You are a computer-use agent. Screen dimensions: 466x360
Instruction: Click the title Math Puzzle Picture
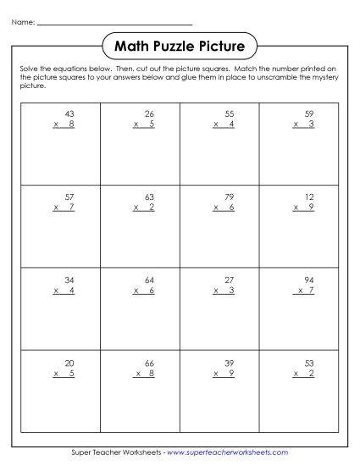pyautogui.click(x=180, y=45)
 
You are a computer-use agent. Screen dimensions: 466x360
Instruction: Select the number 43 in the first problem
pyautogui.click(x=69, y=113)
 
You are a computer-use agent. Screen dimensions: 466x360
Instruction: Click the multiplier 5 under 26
pyautogui.click(x=151, y=125)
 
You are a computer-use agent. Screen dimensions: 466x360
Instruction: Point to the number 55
pyautogui.click(x=230, y=113)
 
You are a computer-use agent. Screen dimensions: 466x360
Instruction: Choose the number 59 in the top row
pyautogui.click(x=308, y=113)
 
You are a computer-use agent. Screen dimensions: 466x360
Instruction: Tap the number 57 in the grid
pyautogui.click(x=69, y=195)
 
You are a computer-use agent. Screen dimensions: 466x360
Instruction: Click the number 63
pyautogui.click(x=149, y=195)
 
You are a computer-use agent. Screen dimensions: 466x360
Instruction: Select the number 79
pyautogui.click(x=230, y=195)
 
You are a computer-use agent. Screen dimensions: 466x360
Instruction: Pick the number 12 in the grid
pyautogui.click(x=308, y=195)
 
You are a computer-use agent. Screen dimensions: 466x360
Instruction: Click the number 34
pyautogui.click(x=69, y=278)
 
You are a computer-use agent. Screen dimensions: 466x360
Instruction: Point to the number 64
pyautogui.click(x=149, y=278)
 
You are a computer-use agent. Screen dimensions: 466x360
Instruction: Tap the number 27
pyautogui.click(x=230, y=278)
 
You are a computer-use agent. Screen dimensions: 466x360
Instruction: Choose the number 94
pyautogui.click(x=308, y=278)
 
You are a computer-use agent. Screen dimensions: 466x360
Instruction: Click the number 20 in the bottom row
pyautogui.click(x=69, y=360)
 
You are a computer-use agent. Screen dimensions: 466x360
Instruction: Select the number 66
pyautogui.click(x=149, y=360)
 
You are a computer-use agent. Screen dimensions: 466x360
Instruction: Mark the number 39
pyautogui.click(x=230, y=360)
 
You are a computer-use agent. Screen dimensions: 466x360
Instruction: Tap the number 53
pyautogui.click(x=308, y=360)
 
